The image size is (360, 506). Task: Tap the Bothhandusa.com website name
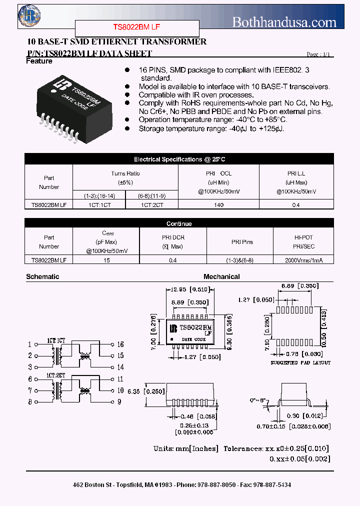point(284,22)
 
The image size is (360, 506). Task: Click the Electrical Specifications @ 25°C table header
point(179,159)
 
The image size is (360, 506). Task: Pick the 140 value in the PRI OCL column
point(218,204)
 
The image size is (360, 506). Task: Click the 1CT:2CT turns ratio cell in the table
point(151,204)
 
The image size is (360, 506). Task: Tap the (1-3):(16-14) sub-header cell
point(99,195)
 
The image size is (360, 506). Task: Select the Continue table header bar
point(179,223)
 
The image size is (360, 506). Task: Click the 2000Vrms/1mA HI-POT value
point(303,259)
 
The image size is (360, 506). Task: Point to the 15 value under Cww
point(106,259)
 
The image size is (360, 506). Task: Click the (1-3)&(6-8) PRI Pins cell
point(239,259)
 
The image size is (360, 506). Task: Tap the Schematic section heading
point(42,276)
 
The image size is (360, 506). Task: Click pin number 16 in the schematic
point(120,344)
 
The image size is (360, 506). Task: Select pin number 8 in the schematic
point(30,401)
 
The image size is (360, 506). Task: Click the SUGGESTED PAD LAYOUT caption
point(300,363)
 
